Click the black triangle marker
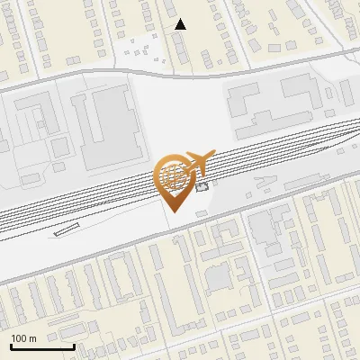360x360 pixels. coord(181,24)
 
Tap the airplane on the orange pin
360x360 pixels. coord(197,163)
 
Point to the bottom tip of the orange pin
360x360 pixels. coord(174,211)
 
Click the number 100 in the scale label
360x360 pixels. coord(19,338)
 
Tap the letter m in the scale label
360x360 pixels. coord(32,338)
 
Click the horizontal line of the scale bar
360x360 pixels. coord(41,346)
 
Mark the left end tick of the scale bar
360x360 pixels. coord(10,345)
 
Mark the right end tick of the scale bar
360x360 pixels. coord(74,345)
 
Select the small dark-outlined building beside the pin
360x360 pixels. coord(202,187)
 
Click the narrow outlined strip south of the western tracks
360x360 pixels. coord(67,230)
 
